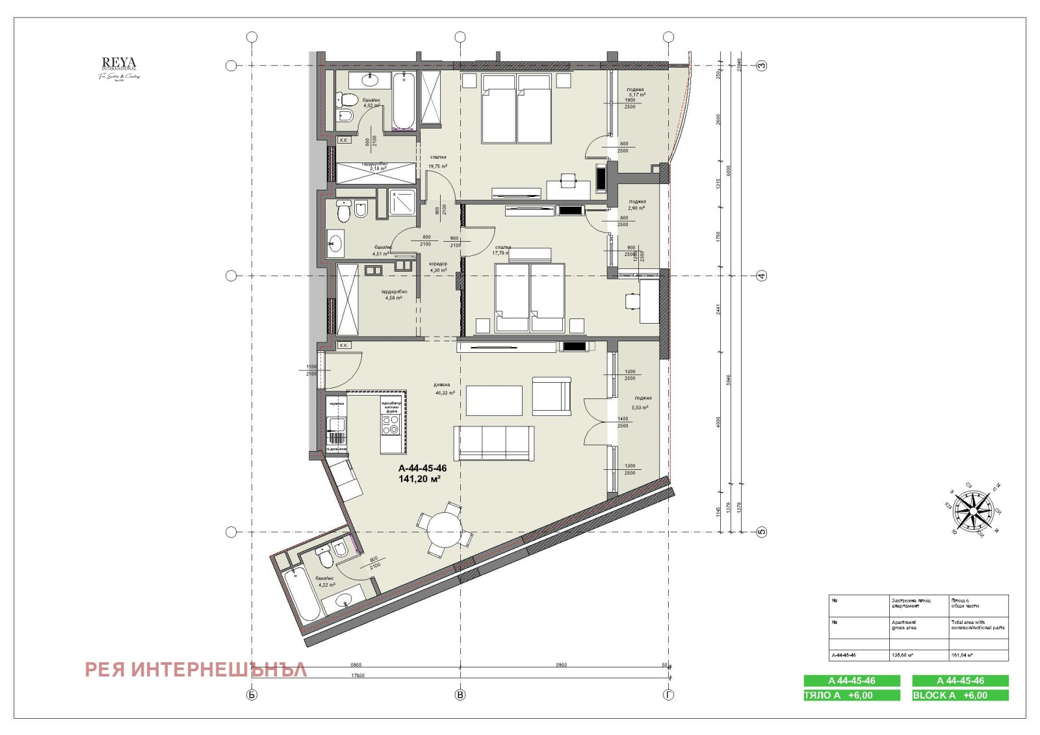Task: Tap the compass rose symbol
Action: pos(972,511)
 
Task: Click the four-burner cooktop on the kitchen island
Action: pos(391,425)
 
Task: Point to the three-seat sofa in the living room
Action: pos(494,443)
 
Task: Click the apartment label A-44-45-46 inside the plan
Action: pos(422,468)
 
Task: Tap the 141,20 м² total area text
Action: pos(420,479)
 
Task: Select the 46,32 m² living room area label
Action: pos(445,393)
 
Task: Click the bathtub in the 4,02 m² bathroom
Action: pos(404,101)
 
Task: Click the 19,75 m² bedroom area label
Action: pos(437,166)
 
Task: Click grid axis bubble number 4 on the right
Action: pos(762,276)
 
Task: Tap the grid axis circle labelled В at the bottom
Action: pos(460,695)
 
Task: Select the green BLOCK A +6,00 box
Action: pos(960,695)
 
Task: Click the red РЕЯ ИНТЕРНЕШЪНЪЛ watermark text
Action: pos(196,669)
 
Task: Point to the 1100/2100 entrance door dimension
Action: pos(311,370)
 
